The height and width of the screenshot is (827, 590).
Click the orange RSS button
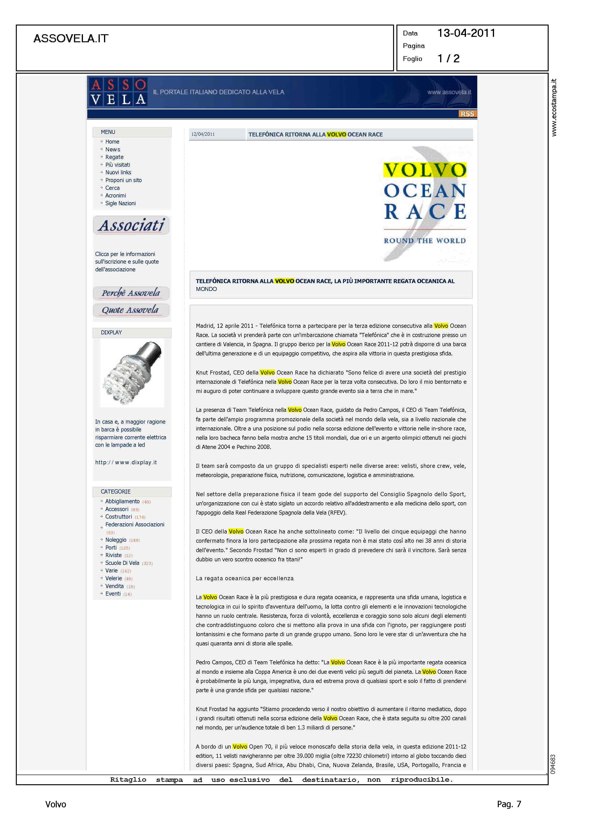click(x=467, y=114)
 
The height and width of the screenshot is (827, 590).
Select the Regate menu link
click(x=114, y=157)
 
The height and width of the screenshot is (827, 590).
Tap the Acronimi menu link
click(x=116, y=196)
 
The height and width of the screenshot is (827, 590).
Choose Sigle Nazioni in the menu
click(x=120, y=203)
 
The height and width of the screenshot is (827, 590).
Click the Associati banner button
click(x=131, y=225)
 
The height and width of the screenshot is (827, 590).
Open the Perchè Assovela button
click(x=131, y=293)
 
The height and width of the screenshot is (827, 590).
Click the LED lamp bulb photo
click(x=132, y=373)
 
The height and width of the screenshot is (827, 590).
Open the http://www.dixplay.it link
click(x=126, y=462)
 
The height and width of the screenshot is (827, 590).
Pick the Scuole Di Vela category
click(x=122, y=563)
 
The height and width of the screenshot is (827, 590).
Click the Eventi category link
click(x=113, y=594)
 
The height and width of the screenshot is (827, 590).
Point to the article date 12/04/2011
click(x=203, y=134)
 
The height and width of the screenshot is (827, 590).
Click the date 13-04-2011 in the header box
click(x=466, y=33)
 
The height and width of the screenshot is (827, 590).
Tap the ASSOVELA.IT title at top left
click(x=71, y=38)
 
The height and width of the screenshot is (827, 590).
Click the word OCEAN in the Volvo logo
click(x=425, y=191)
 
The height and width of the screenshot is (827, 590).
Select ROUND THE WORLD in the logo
click(x=425, y=241)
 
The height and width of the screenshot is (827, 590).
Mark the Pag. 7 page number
click(x=509, y=804)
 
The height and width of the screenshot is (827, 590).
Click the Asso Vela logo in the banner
click(x=118, y=92)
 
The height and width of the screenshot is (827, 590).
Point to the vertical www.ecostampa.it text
click(x=554, y=107)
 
